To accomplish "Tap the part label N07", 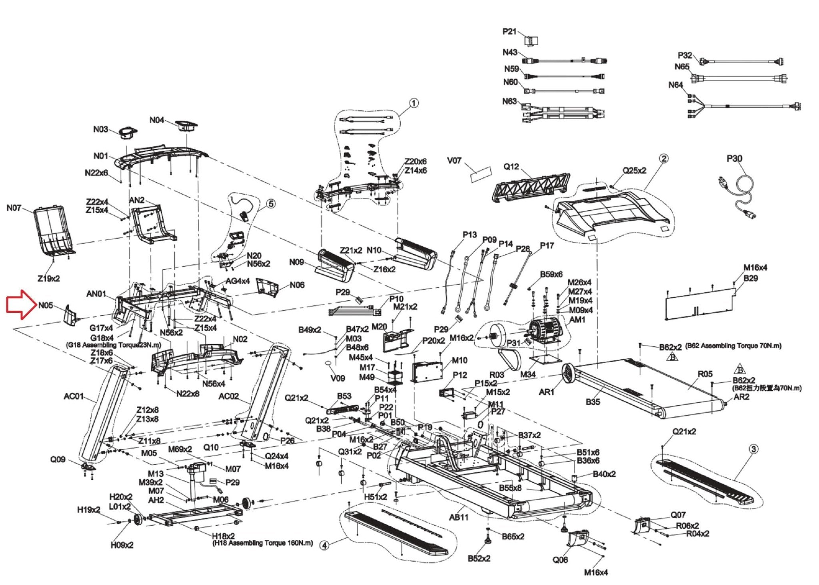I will [14, 208].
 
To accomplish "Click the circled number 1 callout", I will [414, 103].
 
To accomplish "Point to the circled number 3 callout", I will [753, 449].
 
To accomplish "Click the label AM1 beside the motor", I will [577, 320].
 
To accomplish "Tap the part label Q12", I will [511, 167].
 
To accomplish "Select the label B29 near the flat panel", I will [751, 278].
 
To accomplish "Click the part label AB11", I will [458, 517].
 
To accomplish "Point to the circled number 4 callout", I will [325, 545].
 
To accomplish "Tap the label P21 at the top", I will [509, 31].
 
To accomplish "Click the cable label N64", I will [675, 85].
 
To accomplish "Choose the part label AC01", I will [74, 396].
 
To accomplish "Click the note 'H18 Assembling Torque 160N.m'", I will [262, 543].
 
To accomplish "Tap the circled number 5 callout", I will [271, 204].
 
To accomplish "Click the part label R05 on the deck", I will [705, 374].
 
